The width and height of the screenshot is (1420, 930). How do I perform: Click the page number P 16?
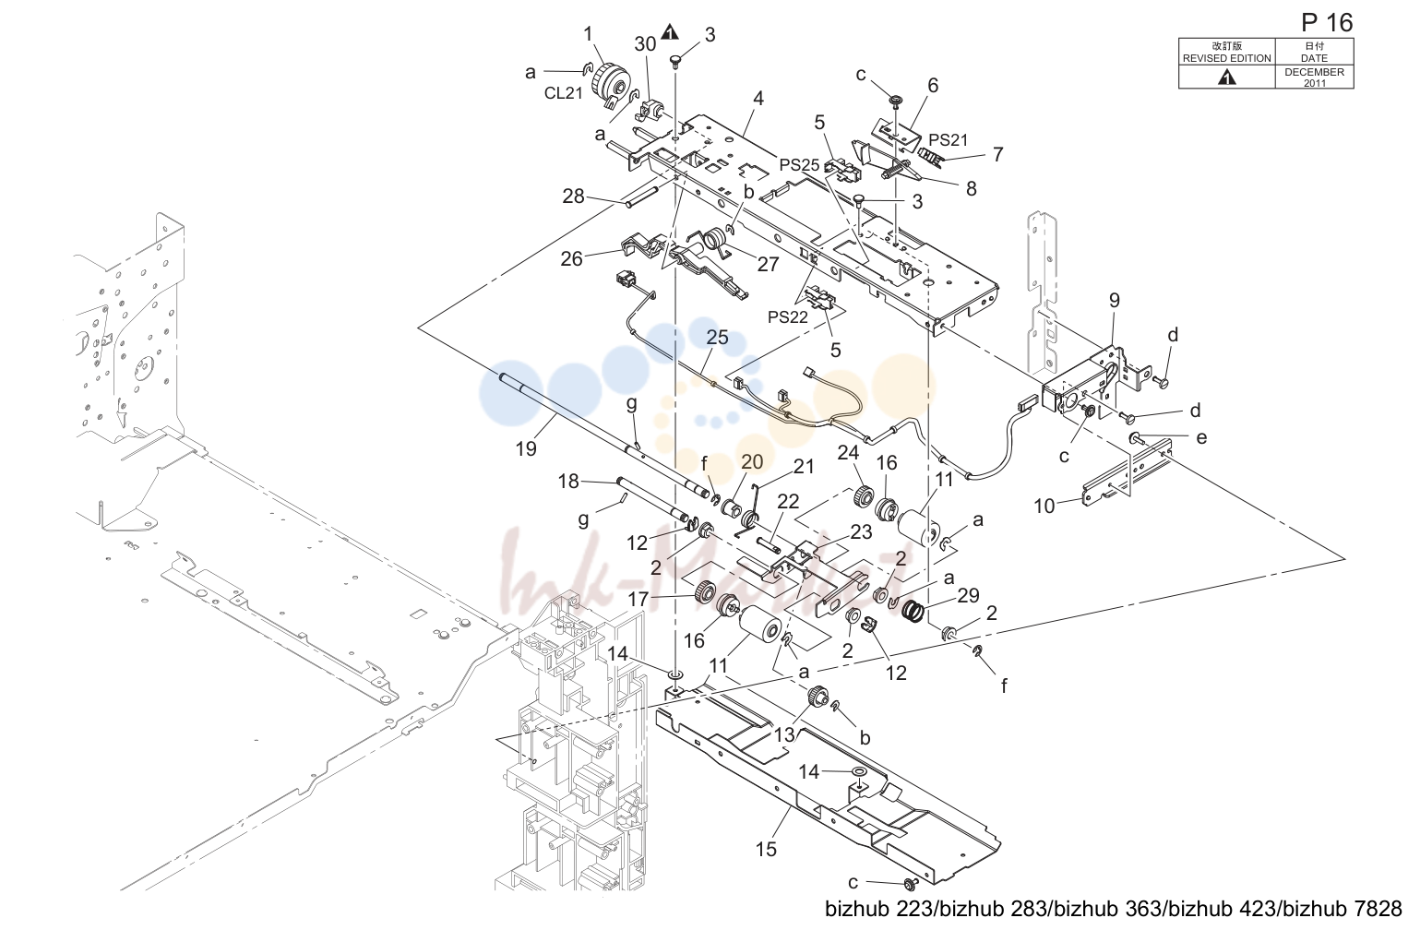tap(1327, 23)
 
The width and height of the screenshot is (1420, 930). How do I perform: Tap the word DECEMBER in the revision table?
tap(1314, 72)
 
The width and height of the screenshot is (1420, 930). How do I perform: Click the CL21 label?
tap(563, 93)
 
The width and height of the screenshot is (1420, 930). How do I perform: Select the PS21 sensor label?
tap(949, 140)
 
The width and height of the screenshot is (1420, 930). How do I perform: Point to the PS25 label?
tap(799, 165)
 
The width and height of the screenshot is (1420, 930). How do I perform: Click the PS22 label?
tap(788, 317)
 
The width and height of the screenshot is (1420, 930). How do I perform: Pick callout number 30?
tap(645, 44)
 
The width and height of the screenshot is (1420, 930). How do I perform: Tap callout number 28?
tap(574, 197)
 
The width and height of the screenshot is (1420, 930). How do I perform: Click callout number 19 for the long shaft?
tap(526, 448)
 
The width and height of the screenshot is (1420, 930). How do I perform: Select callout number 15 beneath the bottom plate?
tap(766, 849)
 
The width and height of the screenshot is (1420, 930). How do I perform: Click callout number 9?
tap(1115, 301)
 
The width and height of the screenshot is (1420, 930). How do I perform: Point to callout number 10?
tap(1044, 506)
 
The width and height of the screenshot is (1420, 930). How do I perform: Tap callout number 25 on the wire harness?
tap(718, 338)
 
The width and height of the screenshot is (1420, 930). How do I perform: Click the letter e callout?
tap(1201, 438)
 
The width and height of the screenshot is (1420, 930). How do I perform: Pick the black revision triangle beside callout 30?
tap(670, 31)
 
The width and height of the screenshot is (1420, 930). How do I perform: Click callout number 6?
tap(933, 86)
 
